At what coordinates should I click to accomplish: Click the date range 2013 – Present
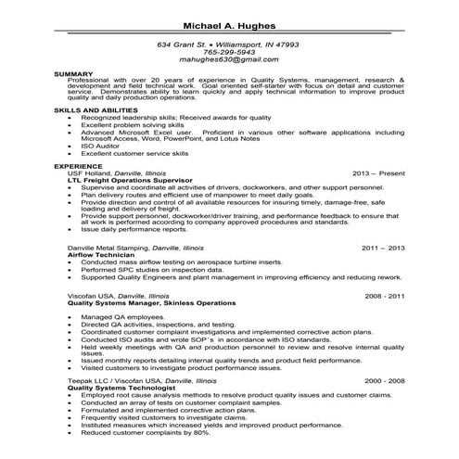379,172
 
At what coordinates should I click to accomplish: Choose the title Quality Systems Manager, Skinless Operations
152,302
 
